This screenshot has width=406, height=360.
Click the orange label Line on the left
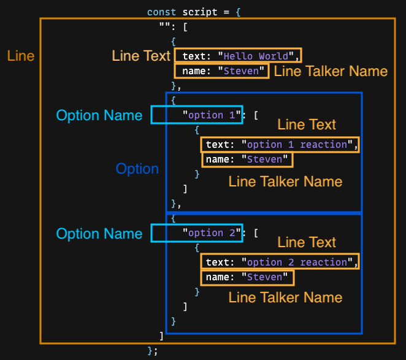point(21,56)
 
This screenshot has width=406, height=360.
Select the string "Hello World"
point(256,56)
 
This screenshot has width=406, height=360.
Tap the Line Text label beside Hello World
point(141,56)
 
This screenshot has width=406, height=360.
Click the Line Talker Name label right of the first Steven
point(331,71)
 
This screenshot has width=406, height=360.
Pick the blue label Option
point(137,169)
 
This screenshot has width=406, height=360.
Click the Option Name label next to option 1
point(99,115)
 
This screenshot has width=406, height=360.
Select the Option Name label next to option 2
point(99,234)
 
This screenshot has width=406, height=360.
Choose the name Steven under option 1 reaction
point(264,159)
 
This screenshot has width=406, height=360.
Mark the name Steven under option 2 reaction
point(264,277)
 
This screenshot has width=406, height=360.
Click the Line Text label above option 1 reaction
point(307,124)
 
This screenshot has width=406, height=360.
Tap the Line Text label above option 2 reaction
point(307,242)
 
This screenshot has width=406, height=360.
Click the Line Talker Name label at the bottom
point(285,297)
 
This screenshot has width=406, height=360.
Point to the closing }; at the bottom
point(153,351)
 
